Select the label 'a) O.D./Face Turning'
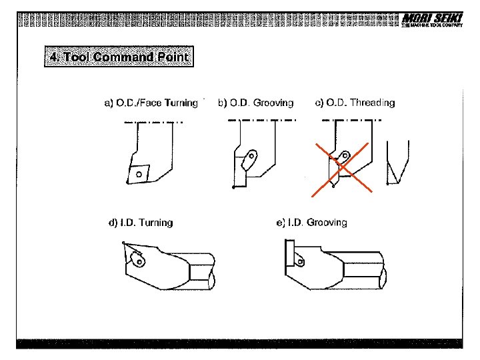[x=151, y=103]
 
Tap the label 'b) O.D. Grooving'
[x=256, y=103]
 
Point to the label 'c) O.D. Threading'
[x=355, y=103]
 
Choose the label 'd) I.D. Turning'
[x=141, y=223]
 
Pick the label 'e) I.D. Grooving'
[x=311, y=223]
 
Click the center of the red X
[x=341, y=169]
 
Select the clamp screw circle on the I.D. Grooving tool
[x=300, y=262]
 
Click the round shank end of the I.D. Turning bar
[x=212, y=281]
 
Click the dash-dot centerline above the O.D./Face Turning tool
[x=153, y=122]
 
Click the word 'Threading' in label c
[x=372, y=103]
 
